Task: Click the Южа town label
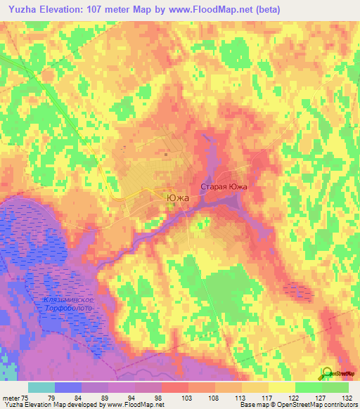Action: coord(178,198)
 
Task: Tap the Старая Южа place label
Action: coord(224,188)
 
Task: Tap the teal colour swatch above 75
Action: coord(41,387)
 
